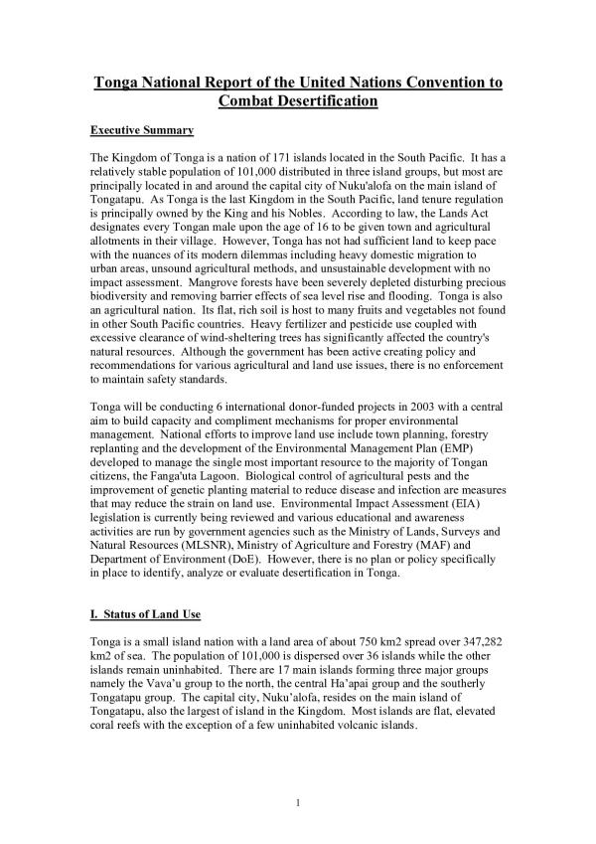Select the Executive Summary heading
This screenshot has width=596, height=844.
[x=142, y=131]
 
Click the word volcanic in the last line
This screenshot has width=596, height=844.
[x=356, y=727]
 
